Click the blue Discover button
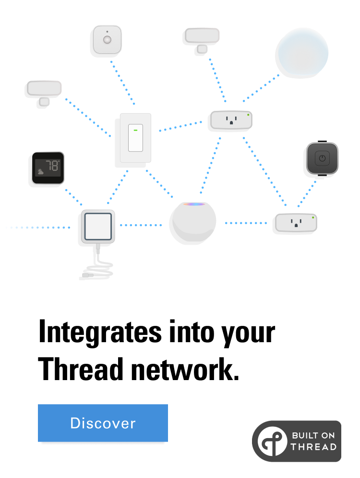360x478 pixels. point(103,423)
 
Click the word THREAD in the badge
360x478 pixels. point(313,447)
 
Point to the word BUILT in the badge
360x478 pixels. point(302,435)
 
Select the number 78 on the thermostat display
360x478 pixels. point(52,166)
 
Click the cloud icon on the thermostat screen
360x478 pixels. point(40,171)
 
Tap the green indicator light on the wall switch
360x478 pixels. point(135,130)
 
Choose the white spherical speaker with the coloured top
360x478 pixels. point(194,221)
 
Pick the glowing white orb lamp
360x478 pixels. point(303,51)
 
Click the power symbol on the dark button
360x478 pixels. point(322,158)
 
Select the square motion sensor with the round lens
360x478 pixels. point(107,39)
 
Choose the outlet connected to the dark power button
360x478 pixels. point(296,223)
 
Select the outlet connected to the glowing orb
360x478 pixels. point(231,120)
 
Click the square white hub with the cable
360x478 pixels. point(98,226)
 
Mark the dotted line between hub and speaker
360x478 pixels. point(141,225)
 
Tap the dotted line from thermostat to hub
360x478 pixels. point(73,197)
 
